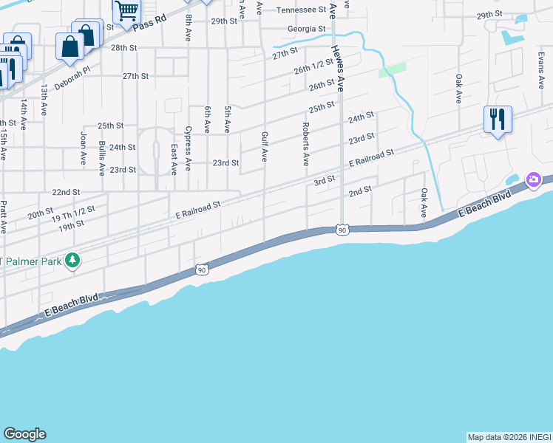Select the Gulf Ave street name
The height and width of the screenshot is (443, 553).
click(264, 146)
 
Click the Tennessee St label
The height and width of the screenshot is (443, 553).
click(301, 10)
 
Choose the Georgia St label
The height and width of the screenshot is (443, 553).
click(307, 29)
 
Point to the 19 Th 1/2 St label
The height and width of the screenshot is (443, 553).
click(74, 215)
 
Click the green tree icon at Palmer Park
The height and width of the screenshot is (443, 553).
click(72, 260)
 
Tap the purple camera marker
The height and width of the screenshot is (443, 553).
click(533, 180)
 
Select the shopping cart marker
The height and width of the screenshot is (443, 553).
click(126, 11)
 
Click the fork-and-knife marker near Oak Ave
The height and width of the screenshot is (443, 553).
click(497, 118)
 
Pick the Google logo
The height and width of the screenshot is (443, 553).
click(24, 434)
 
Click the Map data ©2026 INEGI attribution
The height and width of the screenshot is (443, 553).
click(509, 437)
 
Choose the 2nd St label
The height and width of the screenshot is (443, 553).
click(359, 191)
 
